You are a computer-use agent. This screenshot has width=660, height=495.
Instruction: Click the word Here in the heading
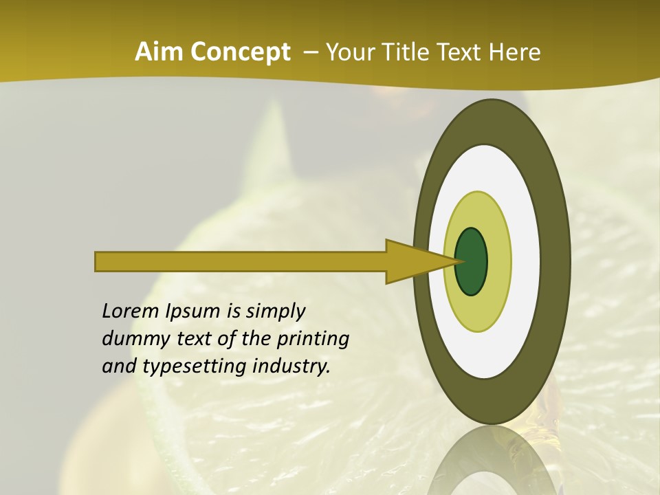(x=515, y=52)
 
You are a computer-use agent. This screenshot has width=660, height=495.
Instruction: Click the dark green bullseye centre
(x=471, y=261)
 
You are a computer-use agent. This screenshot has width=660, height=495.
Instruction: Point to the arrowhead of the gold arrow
(x=412, y=261)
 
